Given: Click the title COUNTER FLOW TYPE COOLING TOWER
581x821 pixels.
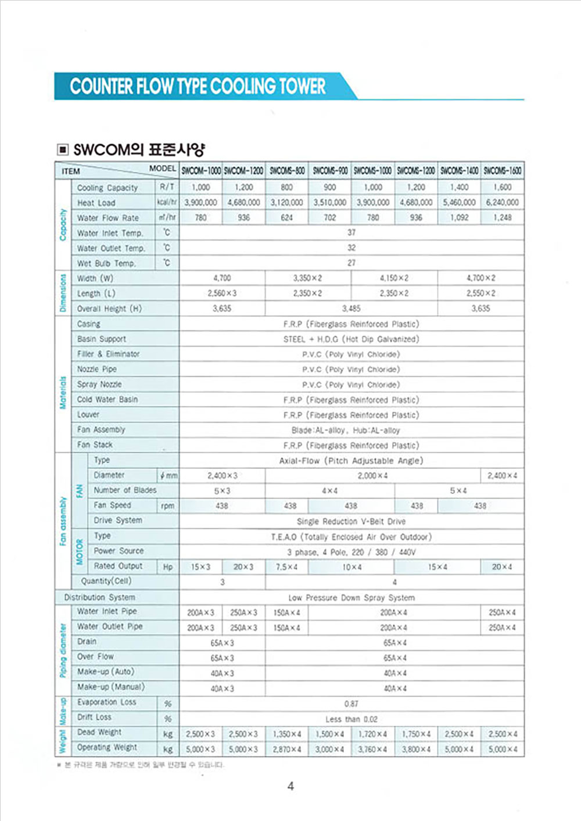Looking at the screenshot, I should pos(198,87).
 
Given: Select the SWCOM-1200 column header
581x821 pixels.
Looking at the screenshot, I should pos(243,171).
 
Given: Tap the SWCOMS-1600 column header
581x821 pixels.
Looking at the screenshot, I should pos(503,171).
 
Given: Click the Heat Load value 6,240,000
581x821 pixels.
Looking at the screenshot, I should pos(503,203).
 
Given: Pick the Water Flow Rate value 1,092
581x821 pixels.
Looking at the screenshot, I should pos(459,218).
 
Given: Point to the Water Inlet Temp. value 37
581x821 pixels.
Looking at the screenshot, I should pos(352,232).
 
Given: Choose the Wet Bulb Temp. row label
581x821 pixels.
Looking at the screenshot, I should pos(106,263).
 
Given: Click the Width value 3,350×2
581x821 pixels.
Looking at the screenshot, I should pos(308,278).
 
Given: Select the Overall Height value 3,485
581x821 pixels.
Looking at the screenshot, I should pos(352,309).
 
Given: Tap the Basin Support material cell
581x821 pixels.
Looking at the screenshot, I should pos(352,339).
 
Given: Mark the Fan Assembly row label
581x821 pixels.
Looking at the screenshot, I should pos(101,430).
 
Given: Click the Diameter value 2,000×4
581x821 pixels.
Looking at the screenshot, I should pos(373,476).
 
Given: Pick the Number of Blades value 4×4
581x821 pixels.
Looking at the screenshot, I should pos(329,491).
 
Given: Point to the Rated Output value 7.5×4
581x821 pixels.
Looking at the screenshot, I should pos(286,567).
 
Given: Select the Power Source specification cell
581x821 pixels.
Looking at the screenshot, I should pos(352,552).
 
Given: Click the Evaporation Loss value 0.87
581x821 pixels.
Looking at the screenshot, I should pos(352,704).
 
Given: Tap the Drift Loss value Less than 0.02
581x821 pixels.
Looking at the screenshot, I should pos(352,719).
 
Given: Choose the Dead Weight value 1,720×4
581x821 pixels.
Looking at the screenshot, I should pos(373,734).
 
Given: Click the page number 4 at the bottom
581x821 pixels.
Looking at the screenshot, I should pos(290,786).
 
